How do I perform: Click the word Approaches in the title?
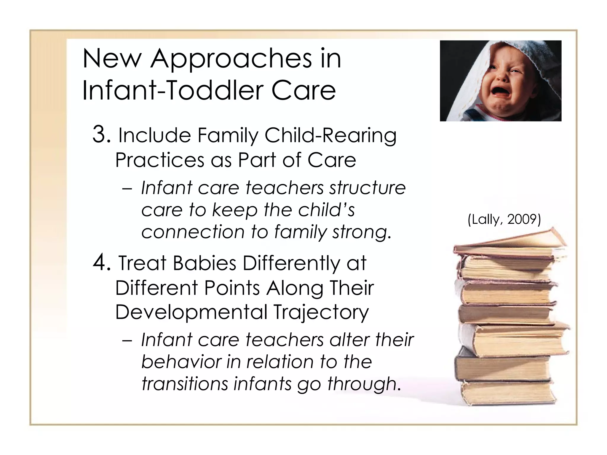click(231, 59)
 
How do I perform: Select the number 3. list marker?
click(102, 134)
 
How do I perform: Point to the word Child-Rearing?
click(330, 136)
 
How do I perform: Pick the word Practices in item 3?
click(159, 160)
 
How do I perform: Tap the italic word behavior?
click(181, 362)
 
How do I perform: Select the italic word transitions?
click(185, 384)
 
